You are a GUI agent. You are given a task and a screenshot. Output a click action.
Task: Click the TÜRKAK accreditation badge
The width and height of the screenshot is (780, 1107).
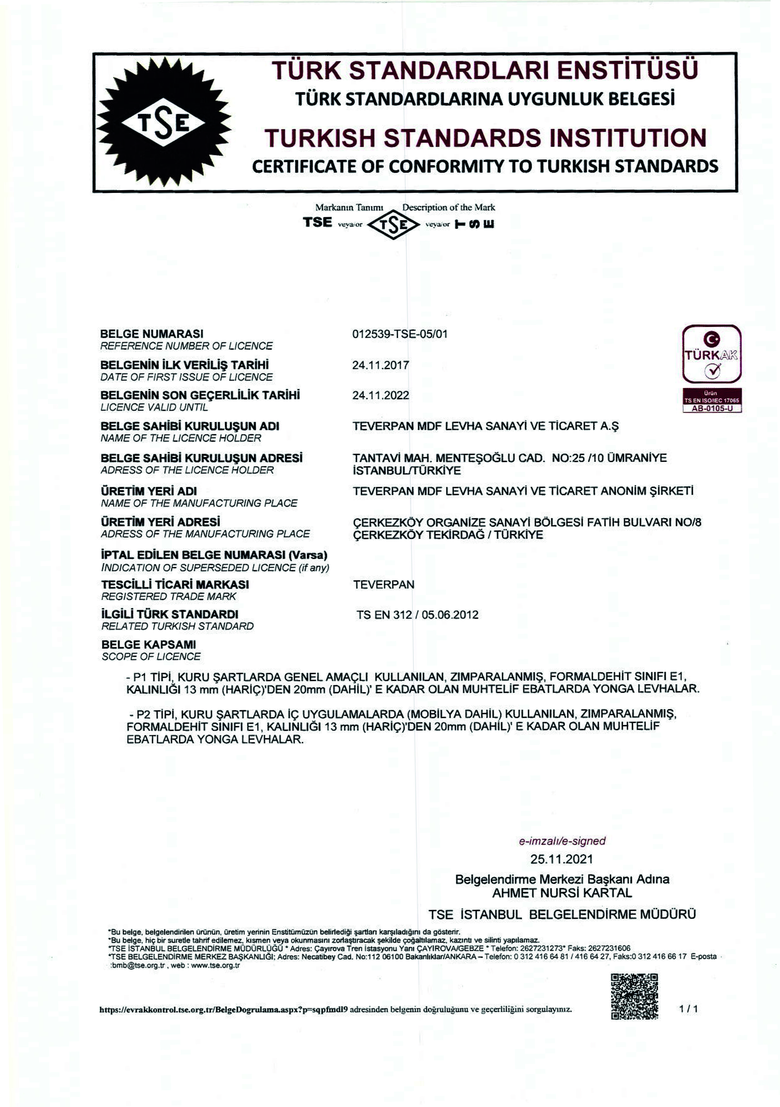[711, 354]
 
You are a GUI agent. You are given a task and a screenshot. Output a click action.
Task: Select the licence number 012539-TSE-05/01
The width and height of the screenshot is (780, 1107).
[400, 334]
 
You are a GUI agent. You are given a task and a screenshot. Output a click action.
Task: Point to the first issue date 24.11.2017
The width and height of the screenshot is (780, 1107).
[380, 365]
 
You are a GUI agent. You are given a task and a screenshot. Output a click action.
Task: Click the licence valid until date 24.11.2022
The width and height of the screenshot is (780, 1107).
[380, 395]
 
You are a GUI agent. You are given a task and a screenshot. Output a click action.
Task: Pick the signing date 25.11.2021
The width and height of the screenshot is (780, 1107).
[562, 859]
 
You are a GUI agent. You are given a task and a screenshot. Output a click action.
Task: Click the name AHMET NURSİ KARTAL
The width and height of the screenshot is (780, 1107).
[562, 893]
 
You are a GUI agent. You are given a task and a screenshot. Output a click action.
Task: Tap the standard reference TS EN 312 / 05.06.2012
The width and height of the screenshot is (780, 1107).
[417, 615]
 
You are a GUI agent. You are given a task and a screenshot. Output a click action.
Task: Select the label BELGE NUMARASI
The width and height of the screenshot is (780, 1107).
[152, 334]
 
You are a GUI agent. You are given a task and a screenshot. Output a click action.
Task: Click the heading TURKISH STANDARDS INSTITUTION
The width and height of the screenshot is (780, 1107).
[485, 138]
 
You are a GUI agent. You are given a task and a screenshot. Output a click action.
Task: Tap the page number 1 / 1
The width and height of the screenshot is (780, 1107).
[688, 1009]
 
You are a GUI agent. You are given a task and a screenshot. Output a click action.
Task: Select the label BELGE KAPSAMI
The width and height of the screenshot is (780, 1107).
[149, 644]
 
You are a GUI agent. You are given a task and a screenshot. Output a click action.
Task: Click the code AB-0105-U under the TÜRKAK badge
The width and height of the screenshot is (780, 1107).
[711, 408]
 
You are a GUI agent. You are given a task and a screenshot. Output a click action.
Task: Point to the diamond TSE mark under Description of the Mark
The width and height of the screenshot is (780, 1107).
[393, 225]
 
